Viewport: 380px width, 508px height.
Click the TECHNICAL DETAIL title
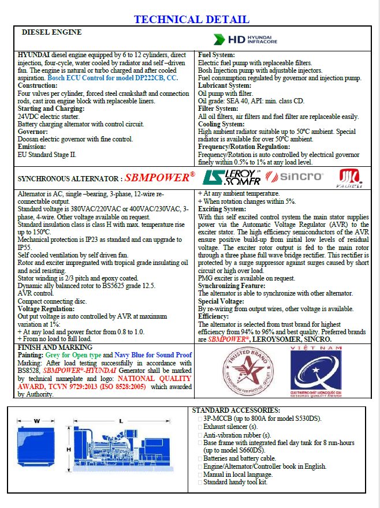coord(191,19)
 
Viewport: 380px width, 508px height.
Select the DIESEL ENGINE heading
coord(51,32)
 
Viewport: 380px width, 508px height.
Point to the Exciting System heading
coord(222,208)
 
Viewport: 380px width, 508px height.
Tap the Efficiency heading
coord(213,316)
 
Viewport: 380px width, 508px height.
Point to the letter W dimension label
coord(36,421)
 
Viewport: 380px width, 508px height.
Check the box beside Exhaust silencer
coord(200,426)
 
